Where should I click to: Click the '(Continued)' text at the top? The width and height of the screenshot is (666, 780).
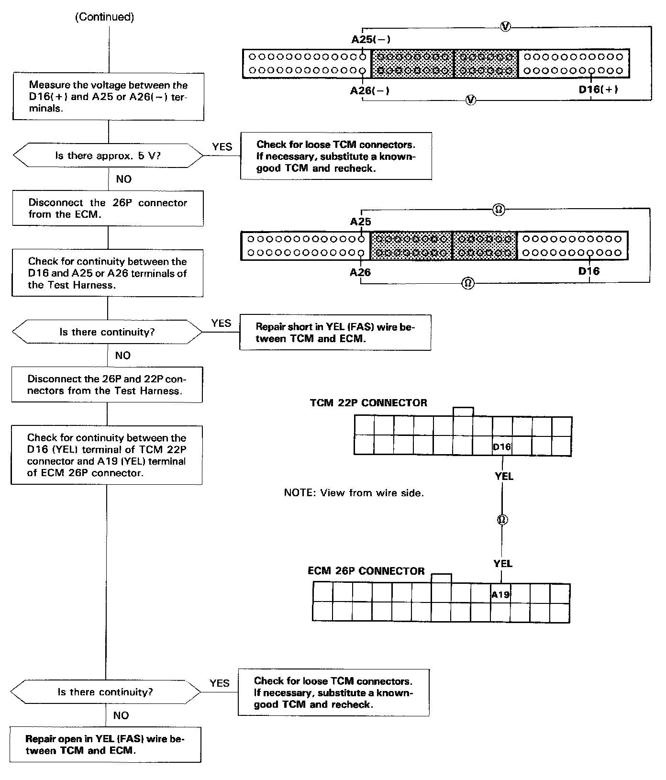[x=105, y=17]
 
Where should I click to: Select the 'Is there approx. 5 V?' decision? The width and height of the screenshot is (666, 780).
[x=108, y=156]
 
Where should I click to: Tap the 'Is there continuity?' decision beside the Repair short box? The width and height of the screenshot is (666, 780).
[x=107, y=332]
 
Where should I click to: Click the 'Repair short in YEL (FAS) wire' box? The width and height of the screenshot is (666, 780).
[x=335, y=333]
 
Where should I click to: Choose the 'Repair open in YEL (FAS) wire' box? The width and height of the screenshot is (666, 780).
[x=105, y=745]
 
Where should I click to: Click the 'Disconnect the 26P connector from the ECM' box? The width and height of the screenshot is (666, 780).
[x=108, y=208]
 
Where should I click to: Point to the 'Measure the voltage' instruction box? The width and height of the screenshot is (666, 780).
[x=109, y=97]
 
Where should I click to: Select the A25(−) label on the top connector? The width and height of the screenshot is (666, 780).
[x=367, y=40]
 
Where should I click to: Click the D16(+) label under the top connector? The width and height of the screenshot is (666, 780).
[x=598, y=89]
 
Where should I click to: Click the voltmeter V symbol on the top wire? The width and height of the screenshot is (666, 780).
[x=505, y=27]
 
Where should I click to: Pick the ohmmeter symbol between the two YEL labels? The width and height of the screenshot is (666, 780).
[x=502, y=520]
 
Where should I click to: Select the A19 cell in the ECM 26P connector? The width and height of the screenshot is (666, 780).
[x=500, y=595]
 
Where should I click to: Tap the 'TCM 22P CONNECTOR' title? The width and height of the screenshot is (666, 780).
[x=368, y=403]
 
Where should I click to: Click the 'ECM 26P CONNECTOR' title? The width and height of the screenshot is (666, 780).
[x=366, y=571]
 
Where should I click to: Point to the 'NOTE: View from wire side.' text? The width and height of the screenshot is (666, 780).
[x=354, y=493]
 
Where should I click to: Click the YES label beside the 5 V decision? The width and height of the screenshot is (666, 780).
[x=222, y=146]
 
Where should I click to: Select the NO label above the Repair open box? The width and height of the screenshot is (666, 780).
[x=121, y=715]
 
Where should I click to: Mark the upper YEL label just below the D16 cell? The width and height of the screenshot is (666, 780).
[x=504, y=476]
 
